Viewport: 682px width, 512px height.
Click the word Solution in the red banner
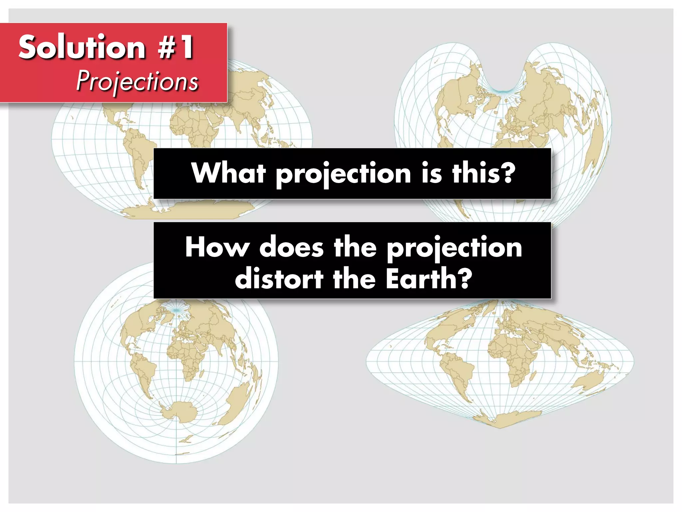click(x=82, y=47)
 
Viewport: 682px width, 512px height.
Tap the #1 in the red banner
click(x=175, y=47)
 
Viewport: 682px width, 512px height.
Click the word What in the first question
click(x=228, y=173)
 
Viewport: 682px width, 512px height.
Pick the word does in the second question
click(x=291, y=247)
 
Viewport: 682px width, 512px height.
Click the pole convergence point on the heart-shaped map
click(x=504, y=91)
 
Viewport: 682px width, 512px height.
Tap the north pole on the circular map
click(x=177, y=310)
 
